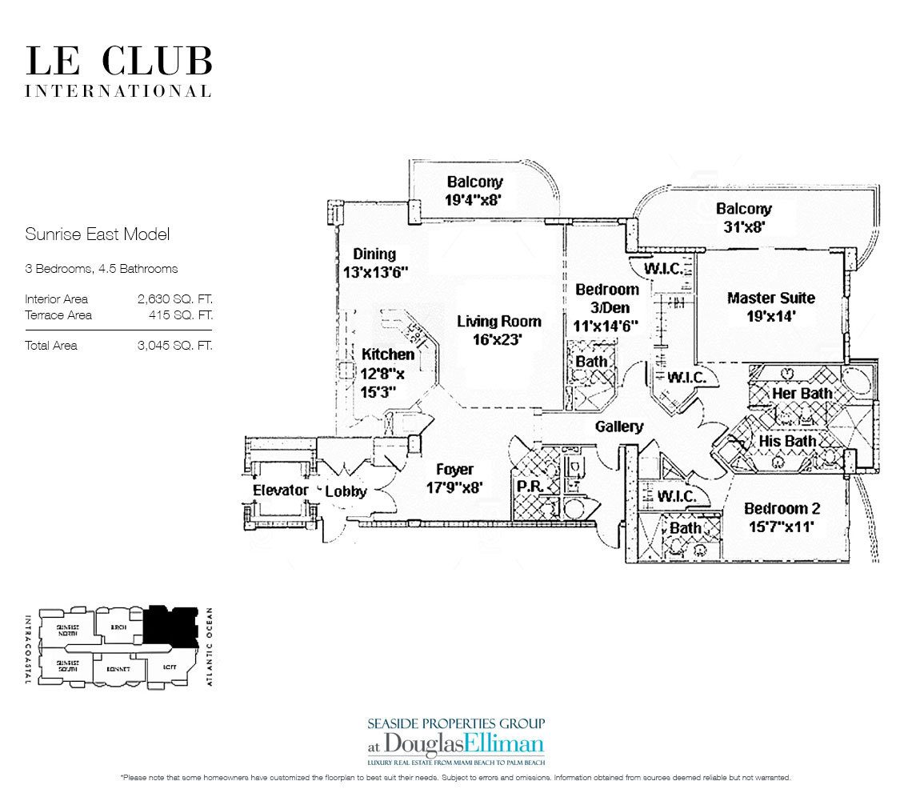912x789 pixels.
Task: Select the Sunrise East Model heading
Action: pyautogui.click(x=97, y=234)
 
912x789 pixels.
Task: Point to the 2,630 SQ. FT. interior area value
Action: pyautogui.click(x=174, y=299)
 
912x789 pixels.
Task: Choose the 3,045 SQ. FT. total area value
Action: pyautogui.click(x=174, y=346)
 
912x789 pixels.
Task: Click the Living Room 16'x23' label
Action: pyautogui.click(x=499, y=330)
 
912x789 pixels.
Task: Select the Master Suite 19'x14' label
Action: pyautogui.click(x=770, y=306)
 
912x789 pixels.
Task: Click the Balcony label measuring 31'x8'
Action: pyautogui.click(x=744, y=218)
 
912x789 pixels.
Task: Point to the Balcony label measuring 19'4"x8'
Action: pyautogui.click(x=474, y=191)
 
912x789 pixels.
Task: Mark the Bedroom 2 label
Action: pyautogui.click(x=782, y=517)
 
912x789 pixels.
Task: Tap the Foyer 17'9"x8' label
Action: pyautogui.click(x=454, y=478)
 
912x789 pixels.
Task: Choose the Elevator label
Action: pyautogui.click(x=280, y=490)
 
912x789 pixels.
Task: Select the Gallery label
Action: pyautogui.click(x=619, y=427)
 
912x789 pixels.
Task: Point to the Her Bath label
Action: pyautogui.click(x=802, y=393)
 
